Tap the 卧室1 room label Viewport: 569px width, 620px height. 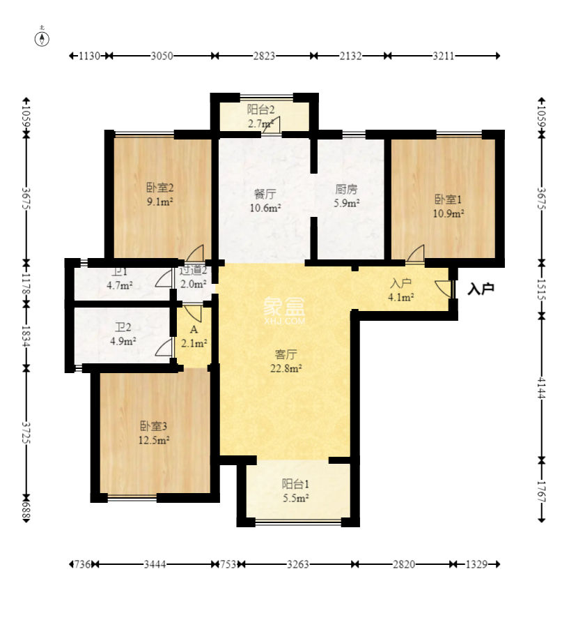448,199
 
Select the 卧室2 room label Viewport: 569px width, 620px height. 160,188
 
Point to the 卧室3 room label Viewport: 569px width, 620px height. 154,426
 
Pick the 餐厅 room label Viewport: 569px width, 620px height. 265,194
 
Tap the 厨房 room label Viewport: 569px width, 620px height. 346,190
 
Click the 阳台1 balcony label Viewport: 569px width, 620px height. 295,483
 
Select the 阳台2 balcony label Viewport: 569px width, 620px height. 260,109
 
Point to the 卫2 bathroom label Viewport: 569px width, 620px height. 123,327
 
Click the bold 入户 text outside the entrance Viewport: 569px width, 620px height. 481,289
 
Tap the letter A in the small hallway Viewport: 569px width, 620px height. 194,329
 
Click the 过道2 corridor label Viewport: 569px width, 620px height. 194,271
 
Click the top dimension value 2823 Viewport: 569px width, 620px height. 264,56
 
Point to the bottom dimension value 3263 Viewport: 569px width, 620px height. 297,564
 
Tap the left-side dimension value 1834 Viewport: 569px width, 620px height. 26,336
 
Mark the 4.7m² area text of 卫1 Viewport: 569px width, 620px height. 120,285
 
